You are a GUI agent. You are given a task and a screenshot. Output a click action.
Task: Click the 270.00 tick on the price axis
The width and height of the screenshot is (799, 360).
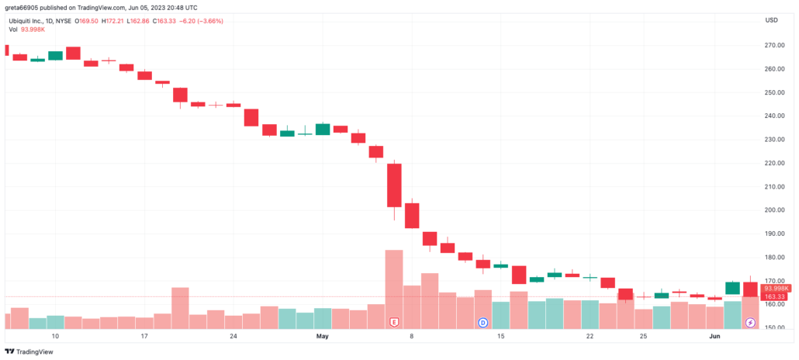[x=773, y=45]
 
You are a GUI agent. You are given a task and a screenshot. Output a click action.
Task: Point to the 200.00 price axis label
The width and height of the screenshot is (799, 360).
[x=773, y=209]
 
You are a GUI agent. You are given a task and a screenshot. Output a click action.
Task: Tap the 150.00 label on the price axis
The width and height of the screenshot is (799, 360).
[x=773, y=327]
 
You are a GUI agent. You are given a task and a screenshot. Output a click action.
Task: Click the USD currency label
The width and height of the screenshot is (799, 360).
[x=772, y=19]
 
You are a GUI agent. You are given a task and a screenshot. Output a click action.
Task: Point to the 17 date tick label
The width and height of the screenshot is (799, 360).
[x=144, y=337]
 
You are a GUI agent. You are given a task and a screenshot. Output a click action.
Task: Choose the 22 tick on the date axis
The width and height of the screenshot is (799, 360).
[x=590, y=337]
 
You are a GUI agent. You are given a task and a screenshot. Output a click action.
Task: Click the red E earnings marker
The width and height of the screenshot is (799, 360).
[x=394, y=321]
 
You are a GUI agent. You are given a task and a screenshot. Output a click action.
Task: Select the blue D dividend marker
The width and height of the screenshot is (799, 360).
[x=483, y=321]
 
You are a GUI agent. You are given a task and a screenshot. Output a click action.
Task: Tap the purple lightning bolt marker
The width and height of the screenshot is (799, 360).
[x=750, y=321]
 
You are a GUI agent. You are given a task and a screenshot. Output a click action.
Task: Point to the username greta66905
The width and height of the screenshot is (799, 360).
[x=23, y=7]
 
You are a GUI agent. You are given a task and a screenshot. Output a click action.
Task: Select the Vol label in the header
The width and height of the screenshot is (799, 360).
[x=13, y=29]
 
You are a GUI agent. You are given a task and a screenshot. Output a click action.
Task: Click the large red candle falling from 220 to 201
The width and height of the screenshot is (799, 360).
[x=394, y=185]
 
